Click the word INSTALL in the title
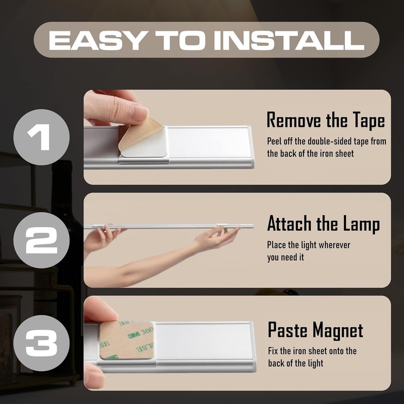point(289,40)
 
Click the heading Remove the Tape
point(326,121)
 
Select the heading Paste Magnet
point(315,330)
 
